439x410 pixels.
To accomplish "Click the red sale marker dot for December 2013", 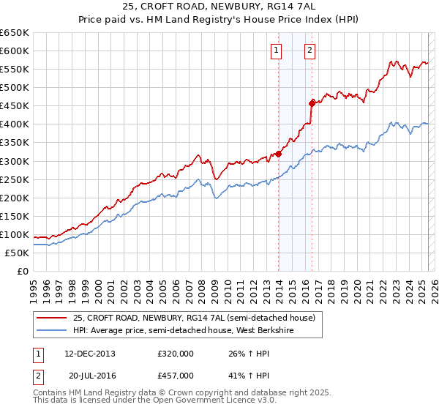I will click(278, 154).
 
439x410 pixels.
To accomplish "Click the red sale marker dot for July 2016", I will click(312, 103).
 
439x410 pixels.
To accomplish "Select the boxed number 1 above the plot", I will click(276, 51).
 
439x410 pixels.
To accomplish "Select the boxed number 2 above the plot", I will click(309, 51).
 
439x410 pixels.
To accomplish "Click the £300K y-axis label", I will click(15, 161).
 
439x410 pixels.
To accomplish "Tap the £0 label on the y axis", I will click(23, 271).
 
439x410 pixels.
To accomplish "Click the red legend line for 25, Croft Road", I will click(51, 318).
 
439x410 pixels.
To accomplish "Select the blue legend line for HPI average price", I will click(51, 330).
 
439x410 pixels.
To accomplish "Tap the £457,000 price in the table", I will click(175, 376).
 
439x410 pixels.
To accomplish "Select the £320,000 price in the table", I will click(175, 354).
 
